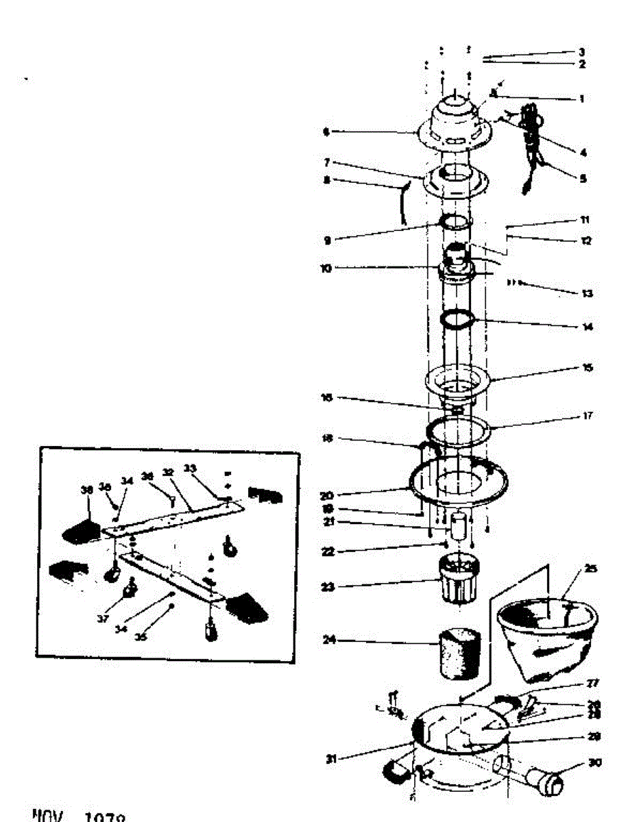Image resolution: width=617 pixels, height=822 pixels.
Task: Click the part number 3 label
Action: pyautogui.click(x=581, y=52)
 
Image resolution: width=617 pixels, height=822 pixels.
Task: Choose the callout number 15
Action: pyautogui.click(x=587, y=368)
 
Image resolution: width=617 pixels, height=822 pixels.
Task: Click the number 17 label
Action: pyautogui.click(x=588, y=416)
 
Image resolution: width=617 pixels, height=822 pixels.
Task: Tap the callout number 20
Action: pyautogui.click(x=326, y=495)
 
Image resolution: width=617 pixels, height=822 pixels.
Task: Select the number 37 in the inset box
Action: pyautogui.click(x=103, y=619)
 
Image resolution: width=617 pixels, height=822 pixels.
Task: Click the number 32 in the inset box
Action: pyautogui.click(x=166, y=473)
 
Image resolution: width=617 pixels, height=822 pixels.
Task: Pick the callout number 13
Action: pyautogui.click(x=587, y=293)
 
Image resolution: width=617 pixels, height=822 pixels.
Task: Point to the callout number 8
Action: pyautogui.click(x=326, y=180)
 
